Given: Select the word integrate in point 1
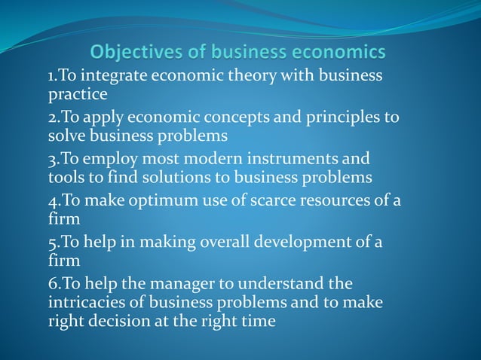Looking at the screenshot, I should point(115,77).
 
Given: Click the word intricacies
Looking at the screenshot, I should point(89,302).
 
